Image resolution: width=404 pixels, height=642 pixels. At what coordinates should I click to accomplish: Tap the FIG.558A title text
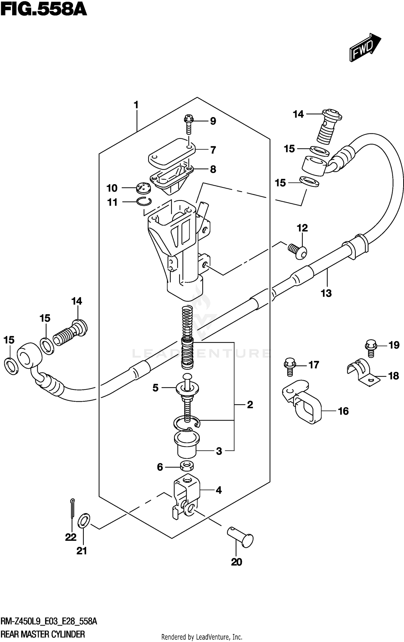pyautogui.click(x=43, y=10)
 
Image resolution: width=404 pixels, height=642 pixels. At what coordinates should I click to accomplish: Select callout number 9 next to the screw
pyautogui.click(x=213, y=121)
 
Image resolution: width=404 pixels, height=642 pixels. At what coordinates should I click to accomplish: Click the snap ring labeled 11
pyautogui.click(x=144, y=201)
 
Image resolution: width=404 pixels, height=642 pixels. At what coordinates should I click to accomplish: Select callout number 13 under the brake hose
pyautogui.click(x=326, y=293)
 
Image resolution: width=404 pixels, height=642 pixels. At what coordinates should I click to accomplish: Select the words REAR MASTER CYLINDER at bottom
pyautogui.click(x=43, y=634)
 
